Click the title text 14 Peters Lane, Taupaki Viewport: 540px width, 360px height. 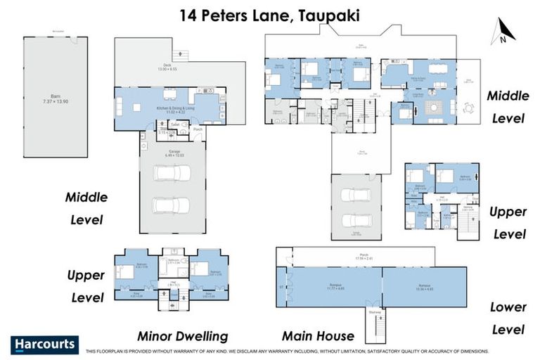pyautogui.click(x=270, y=14)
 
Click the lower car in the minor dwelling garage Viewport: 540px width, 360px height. pyautogui.click(x=172, y=205)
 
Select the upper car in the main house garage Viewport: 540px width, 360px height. pyautogui.click(x=356, y=193)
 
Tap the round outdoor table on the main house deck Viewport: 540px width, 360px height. pyautogui.click(x=468, y=108)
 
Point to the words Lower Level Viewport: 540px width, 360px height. pyautogui.click(x=508, y=318)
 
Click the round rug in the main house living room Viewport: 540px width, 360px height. pyautogui.click(x=432, y=108)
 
